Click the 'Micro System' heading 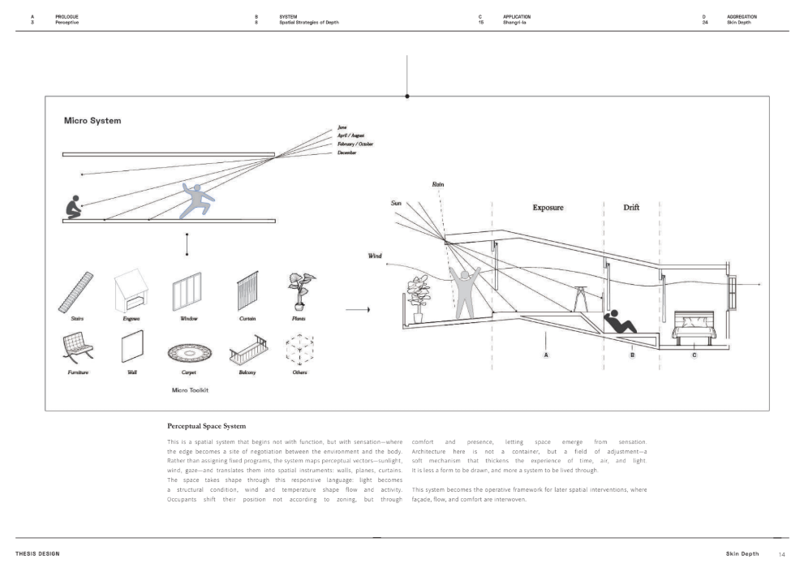click(92, 121)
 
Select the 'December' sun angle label click(346, 152)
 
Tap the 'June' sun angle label click(342, 127)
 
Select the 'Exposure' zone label click(548, 208)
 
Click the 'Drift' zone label click(631, 208)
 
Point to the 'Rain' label click(438, 185)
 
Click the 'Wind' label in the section click(375, 256)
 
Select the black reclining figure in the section click(621, 321)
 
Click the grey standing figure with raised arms click(466, 292)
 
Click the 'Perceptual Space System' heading click(206, 425)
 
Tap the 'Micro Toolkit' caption click(191, 390)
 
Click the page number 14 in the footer click(782, 554)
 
